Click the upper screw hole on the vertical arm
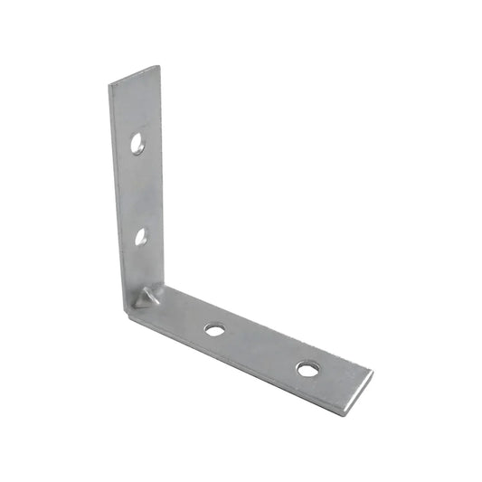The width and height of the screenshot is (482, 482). pos(137,143)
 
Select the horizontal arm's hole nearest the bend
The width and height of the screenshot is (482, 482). pos(214,329)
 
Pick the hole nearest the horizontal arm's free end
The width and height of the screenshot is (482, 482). pos(308,368)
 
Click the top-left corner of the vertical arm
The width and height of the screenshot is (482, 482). pos(109,88)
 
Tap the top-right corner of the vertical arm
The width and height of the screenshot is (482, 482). pos(160,66)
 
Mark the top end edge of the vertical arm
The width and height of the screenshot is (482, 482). pos(135,77)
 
